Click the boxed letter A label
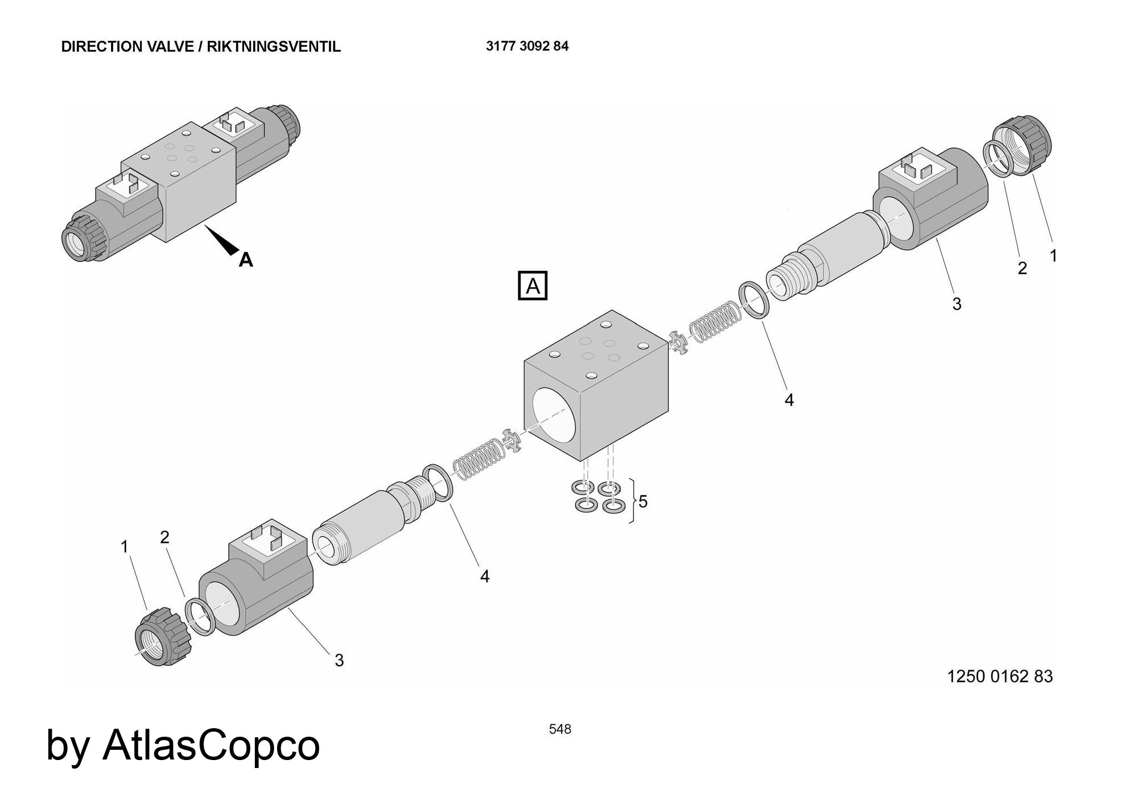[533, 286]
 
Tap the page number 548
[560, 729]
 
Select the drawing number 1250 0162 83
[1000, 676]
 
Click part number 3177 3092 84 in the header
[527, 46]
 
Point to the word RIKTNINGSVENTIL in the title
[274, 47]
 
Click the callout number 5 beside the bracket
[643, 501]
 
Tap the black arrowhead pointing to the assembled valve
[225, 241]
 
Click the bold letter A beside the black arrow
[246, 260]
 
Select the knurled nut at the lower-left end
[162, 637]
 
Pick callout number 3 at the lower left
[339, 660]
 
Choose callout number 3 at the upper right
[956, 304]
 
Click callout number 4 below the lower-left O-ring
[485, 576]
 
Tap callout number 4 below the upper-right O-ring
[789, 401]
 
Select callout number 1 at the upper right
[1053, 256]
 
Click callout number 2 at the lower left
[165, 537]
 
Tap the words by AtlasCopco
[183, 745]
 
